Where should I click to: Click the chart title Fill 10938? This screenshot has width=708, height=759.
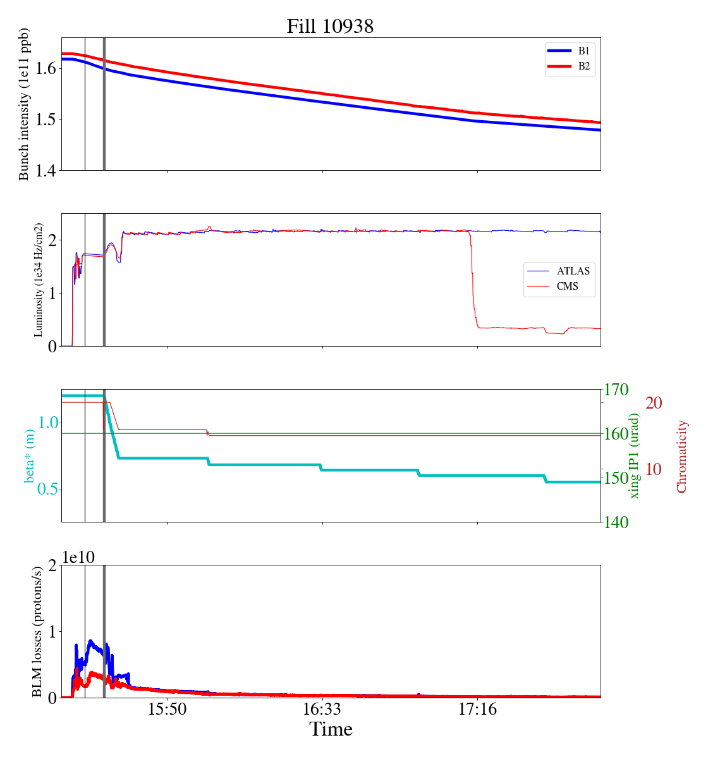click(x=330, y=27)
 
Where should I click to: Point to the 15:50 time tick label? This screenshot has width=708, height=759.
click(x=168, y=710)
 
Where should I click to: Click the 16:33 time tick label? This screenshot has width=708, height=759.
click(x=322, y=710)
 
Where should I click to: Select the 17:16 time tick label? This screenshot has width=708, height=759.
click(x=477, y=710)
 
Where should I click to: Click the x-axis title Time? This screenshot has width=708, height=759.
click(x=331, y=730)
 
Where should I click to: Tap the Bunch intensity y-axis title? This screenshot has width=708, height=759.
click(x=24, y=104)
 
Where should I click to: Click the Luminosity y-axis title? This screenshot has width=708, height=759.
click(x=39, y=280)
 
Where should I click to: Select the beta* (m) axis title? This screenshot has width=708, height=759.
click(x=29, y=456)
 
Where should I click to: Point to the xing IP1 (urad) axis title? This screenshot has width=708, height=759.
click(x=635, y=455)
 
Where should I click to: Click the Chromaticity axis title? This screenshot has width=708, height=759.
click(x=681, y=456)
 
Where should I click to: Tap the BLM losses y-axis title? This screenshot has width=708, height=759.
click(x=37, y=631)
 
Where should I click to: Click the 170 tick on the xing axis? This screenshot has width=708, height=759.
click(x=617, y=390)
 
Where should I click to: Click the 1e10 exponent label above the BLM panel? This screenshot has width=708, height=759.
click(x=78, y=557)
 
